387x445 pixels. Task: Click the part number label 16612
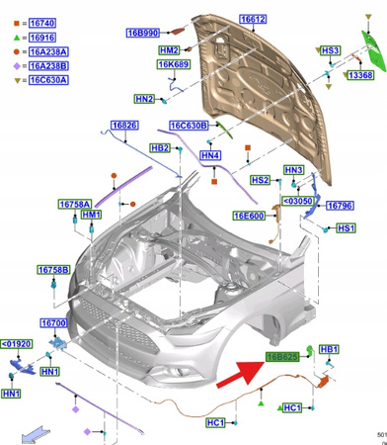click(253, 19)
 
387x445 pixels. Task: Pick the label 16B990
click(142, 33)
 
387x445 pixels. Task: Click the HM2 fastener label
click(168, 50)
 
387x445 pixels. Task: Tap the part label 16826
click(123, 126)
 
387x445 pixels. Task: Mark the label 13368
click(360, 75)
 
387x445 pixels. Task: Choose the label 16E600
click(248, 216)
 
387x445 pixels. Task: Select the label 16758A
click(75, 204)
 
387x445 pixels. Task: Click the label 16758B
click(53, 270)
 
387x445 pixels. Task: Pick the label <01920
click(17, 344)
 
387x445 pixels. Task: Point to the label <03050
click(298, 201)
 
